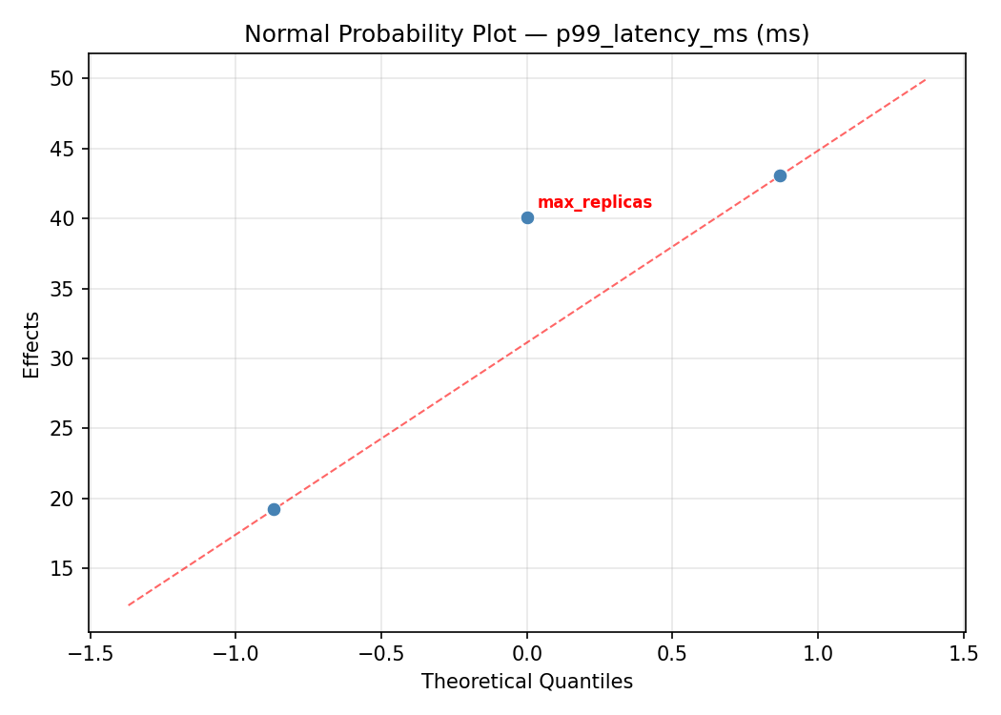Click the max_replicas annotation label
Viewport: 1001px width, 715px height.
coord(594,203)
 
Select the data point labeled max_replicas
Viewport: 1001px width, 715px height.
coord(527,217)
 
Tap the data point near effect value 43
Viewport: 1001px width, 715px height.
coord(780,175)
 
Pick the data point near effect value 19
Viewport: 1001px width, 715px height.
coord(274,509)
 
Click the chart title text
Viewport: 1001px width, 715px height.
coord(526,34)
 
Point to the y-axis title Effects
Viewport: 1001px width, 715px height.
coord(32,344)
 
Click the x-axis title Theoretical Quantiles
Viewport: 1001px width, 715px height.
coord(526,682)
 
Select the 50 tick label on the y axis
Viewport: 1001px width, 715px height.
coord(62,78)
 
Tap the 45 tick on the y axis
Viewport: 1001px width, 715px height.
coord(62,149)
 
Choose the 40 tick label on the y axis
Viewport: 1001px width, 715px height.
coord(62,218)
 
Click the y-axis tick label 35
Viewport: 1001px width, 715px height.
coord(62,289)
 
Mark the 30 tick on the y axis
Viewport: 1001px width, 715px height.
coord(62,358)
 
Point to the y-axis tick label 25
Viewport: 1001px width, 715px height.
coord(62,428)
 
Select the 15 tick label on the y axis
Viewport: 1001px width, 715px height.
coord(62,568)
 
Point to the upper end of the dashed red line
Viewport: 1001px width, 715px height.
coord(926,79)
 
